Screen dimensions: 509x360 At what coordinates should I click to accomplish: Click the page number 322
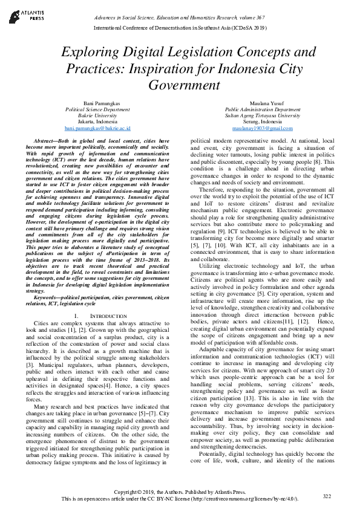coord(327,496)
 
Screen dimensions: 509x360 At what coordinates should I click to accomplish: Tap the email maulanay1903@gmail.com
coord(262,129)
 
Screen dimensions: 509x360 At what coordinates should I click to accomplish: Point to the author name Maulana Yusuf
coord(262,104)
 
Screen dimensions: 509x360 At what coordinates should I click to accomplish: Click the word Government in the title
coord(180,84)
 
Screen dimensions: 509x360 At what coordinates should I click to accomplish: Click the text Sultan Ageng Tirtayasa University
coord(262,116)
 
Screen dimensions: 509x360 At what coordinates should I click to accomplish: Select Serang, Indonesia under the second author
coord(262,122)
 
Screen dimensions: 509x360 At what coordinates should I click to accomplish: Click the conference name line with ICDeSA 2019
coord(180,27)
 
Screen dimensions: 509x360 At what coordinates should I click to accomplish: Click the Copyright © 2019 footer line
coord(180,493)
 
